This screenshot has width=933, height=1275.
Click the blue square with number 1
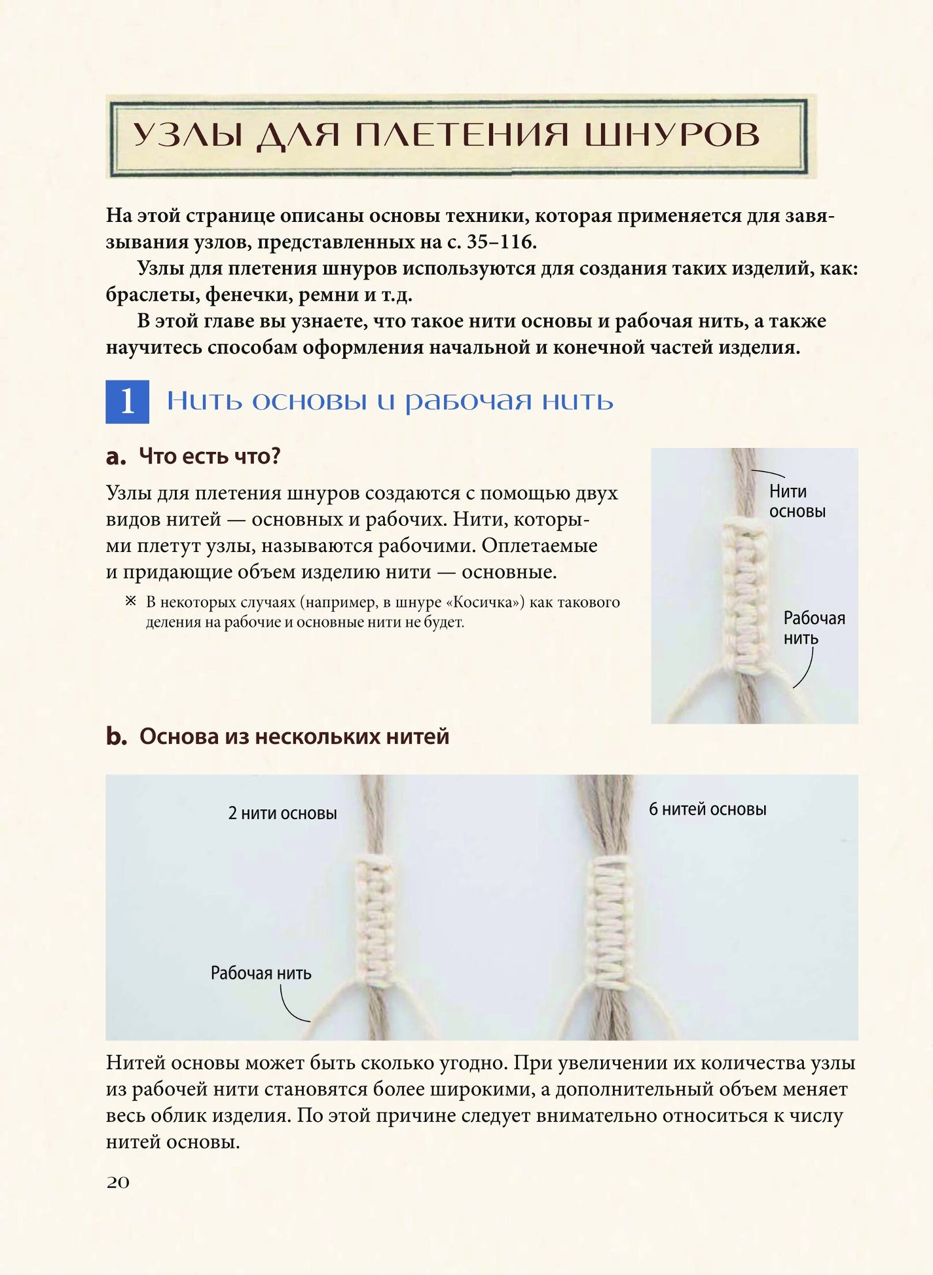point(128,401)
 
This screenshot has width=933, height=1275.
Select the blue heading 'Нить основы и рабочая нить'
point(390,401)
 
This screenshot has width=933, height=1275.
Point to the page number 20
point(118,1182)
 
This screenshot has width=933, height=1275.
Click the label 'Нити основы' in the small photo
point(797,501)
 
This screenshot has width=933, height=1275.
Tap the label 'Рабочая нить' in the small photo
point(814,628)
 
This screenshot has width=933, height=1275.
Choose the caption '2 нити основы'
point(283,813)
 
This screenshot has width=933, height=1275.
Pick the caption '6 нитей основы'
point(708,809)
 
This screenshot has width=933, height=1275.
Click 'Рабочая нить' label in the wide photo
point(261,973)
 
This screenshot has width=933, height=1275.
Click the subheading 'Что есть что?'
point(210,456)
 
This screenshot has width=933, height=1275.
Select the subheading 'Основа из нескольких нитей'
point(295,737)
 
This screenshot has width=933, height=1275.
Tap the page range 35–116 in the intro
point(499,242)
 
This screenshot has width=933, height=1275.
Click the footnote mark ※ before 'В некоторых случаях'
point(131,601)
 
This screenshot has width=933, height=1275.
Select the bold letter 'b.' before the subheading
point(117,737)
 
